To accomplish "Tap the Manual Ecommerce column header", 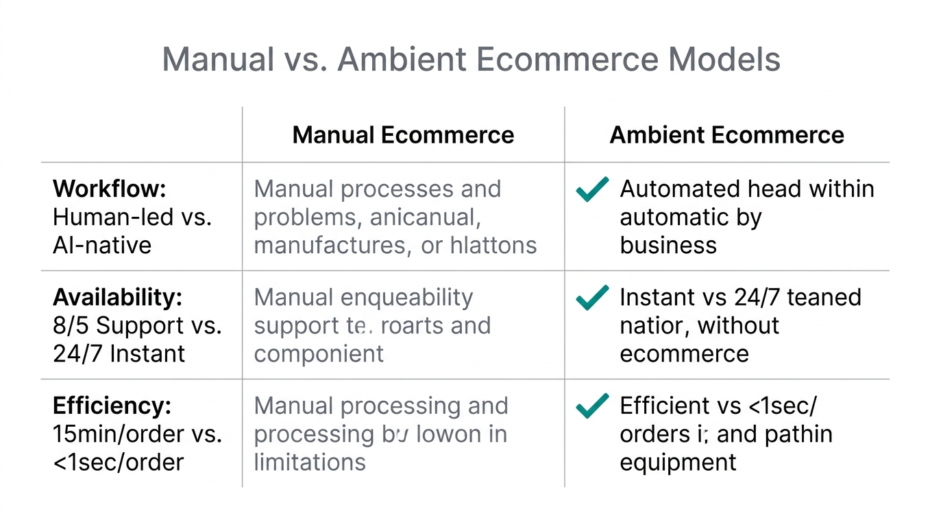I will [403, 134].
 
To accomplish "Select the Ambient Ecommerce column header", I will [726, 134].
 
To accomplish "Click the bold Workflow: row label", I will [110, 189].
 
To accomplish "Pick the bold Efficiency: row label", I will [112, 406].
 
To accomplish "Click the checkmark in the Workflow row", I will [592, 189].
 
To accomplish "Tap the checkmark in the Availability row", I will [592, 297].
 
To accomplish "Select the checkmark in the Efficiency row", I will [592, 406].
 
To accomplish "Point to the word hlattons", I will [493, 245].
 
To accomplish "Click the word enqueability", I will [406, 297].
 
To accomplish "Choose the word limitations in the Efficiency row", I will [310, 462].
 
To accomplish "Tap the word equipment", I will [678, 462].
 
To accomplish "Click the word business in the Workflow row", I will [668, 245].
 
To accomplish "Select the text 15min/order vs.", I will [137, 434].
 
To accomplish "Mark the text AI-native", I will [101, 245].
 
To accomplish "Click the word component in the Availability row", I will [319, 353].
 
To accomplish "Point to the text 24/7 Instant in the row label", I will [119, 353].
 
